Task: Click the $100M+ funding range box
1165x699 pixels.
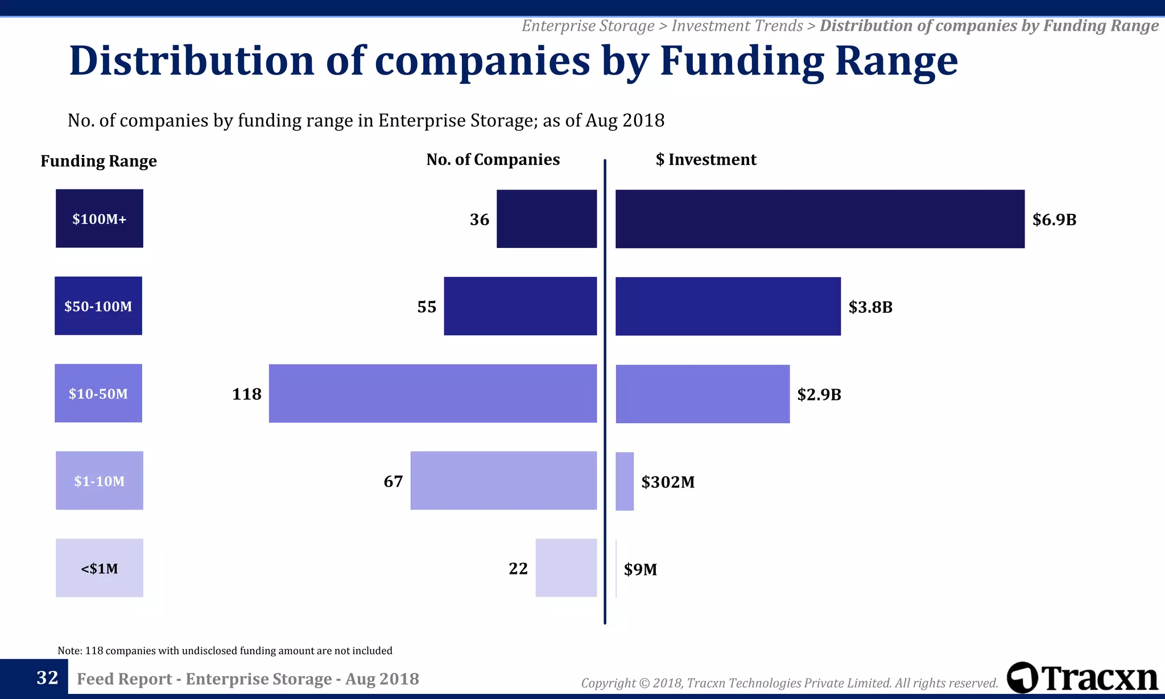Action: coord(99,218)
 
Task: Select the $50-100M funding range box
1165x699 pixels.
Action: coord(98,306)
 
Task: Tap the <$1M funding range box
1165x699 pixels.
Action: coord(99,568)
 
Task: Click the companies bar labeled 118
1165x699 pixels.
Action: coord(432,394)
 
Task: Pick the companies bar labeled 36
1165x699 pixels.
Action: coord(546,218)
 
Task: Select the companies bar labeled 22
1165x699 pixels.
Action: coord(565,568)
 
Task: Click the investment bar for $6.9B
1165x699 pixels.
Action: coord(819,219)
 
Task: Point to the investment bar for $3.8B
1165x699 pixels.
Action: coord(728,307)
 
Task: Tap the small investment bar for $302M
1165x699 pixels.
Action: coord(624,481)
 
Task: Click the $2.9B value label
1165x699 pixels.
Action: coord(819,395)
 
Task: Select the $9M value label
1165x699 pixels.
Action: coord(640,569)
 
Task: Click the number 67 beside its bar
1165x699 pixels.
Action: coord(393,482)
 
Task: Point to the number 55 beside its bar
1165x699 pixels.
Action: coord(427,307)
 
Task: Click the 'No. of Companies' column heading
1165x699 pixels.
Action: coord(493,160)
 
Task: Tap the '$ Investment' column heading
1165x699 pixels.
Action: coord(705,160)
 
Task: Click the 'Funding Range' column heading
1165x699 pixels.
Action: coord(98,162)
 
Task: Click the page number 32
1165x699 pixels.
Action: coord(47,677)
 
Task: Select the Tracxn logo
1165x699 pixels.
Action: coord(1082,678)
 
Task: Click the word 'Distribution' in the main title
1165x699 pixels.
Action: coord(192,61)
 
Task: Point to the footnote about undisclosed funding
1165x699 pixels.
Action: coord(225,651)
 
